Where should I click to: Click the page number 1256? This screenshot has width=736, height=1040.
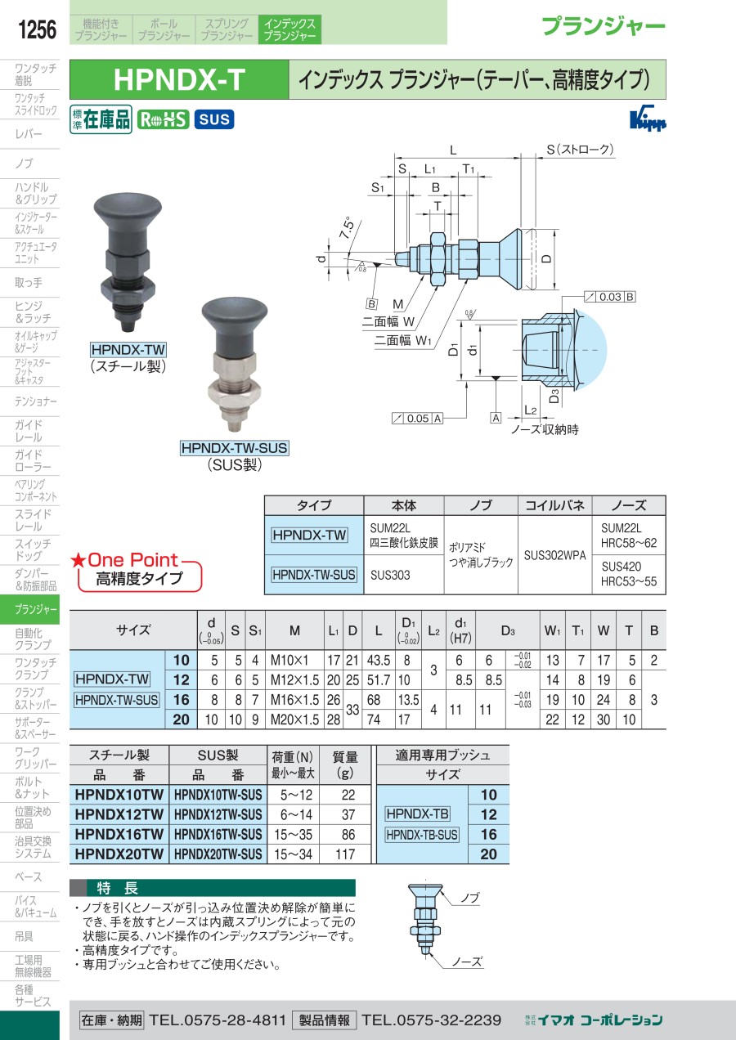(37, 29)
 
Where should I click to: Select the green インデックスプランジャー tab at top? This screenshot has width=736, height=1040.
(289, 29)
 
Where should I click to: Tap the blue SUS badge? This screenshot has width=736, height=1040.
(214, 119)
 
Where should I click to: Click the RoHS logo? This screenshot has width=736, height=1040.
(163, 119)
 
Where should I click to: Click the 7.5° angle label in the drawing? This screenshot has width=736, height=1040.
(348, 227)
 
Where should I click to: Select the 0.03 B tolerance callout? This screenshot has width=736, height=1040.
(610, 297)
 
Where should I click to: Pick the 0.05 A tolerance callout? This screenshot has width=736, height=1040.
(417, 419)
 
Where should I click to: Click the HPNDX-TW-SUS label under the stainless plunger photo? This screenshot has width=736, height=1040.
(235, 448)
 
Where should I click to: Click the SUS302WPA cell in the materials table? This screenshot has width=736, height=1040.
(555, 555)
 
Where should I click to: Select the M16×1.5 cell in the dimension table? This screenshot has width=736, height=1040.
(294, 700)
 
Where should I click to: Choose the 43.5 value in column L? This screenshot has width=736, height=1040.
(379, 660)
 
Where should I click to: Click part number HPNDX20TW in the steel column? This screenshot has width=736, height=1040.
(119, 854)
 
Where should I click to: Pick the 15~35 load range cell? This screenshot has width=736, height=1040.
(293, 834)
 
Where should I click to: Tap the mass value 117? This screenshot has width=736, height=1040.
(345, 854)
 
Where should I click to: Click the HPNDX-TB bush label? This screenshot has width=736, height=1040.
(417, 814)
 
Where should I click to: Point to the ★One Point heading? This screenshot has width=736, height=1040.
(124, 560)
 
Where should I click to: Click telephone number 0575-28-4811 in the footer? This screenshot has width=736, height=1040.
(218, 1020)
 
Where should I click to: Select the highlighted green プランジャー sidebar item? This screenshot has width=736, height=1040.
(29, 610)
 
